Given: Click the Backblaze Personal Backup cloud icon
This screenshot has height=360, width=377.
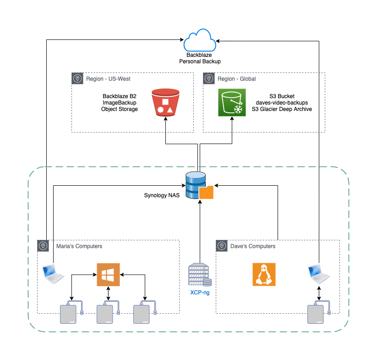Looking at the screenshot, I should click(x=200, y=40).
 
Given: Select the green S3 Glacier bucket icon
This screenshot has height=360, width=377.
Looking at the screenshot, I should click(x=231, y=102).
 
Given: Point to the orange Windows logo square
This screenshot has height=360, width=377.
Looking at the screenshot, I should click(x=108, y=275).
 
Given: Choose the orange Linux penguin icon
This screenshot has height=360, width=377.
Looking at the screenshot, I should click(x=264, y=275).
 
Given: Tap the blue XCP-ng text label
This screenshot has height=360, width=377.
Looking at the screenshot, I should click(x=200, y=292).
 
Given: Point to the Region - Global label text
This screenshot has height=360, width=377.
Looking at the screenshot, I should click(x=237, y=79).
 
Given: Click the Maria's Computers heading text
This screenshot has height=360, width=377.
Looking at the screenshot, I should click(x=79, y=246).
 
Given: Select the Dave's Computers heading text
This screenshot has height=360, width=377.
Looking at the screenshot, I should click(x=252, y=246).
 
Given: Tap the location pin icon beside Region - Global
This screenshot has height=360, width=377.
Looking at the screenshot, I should click(x=209, y=78).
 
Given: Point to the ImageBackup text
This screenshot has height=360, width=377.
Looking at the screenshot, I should click(x=119, y=103).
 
